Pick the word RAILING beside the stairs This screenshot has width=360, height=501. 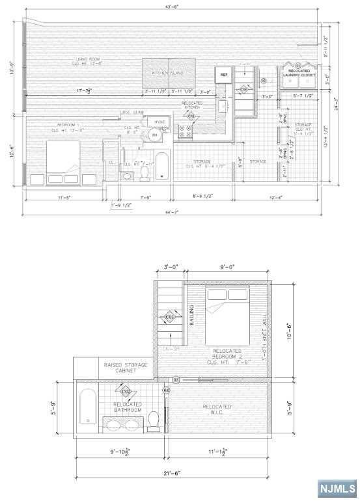tap(191, 315)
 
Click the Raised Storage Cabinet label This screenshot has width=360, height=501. tap(126, 368)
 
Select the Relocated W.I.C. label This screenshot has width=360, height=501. tap(217, 409)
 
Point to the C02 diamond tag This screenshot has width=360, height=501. tap(126, 390)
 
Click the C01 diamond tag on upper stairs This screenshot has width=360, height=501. tap(170, 317)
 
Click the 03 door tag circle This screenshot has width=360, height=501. tap(175, 379)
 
